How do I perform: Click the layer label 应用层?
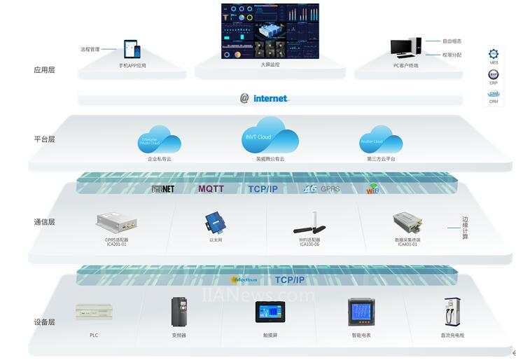coord(44,70)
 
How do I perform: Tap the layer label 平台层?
coord(44,139)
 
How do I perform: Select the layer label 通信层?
coord(44,222)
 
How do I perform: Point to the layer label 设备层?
coord(44,322)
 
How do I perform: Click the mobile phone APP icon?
coord(132,49)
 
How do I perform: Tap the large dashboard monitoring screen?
coord(270,31)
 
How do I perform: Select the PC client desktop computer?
coord(405,48)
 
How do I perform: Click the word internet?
coord(270,99)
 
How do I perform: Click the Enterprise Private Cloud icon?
coord(160,139)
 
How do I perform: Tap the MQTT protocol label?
coord(211,188)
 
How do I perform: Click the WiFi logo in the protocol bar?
coord(372,189)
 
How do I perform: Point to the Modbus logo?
coord(244,279)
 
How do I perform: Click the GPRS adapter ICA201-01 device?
coord(116,222)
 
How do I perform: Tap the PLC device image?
coord(94,312)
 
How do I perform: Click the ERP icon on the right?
coord(494,74)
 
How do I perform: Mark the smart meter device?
coord(361,312)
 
